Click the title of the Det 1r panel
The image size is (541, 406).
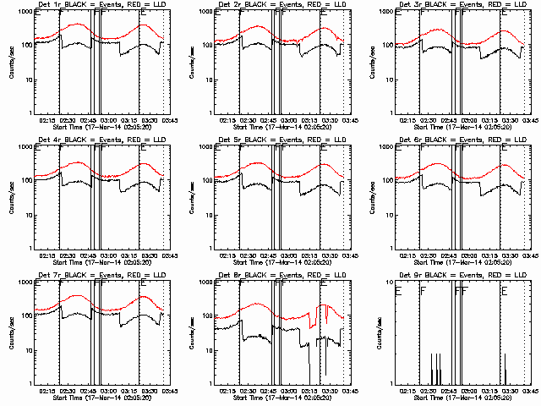click(104, 7)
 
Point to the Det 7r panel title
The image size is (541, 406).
click(104, 277)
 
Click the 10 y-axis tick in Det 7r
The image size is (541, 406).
click(27, 350)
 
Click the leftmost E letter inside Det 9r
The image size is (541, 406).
click(397, 292)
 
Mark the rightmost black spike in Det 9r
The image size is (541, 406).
click(505, 370)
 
